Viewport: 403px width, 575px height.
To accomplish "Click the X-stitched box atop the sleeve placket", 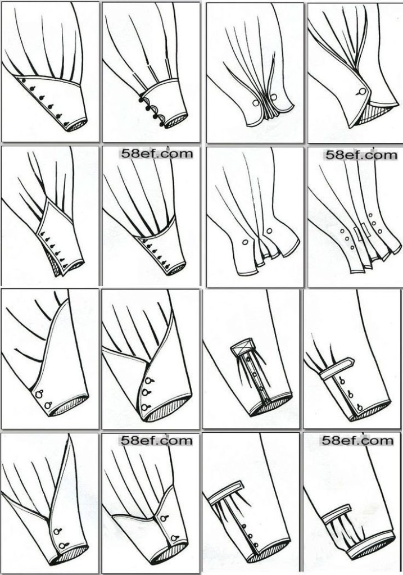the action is pos(241,346).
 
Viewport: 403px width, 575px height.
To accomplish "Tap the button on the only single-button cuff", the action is pos(362,92).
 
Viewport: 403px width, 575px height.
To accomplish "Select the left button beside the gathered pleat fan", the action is pos(255,103).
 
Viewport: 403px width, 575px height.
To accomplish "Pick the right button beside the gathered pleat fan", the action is pos(275,97).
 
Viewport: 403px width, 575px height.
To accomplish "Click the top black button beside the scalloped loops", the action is pos(142,99).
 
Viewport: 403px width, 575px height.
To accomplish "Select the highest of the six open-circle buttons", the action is pos(370,215).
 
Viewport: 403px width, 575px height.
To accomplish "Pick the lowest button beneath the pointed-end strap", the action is pos(359,407).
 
